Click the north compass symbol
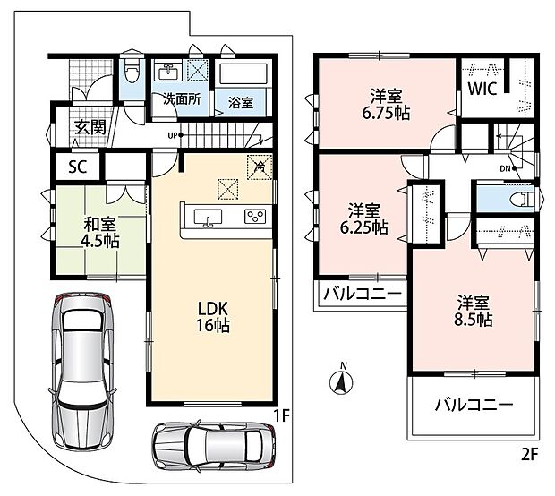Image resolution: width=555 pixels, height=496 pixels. click(341, 381)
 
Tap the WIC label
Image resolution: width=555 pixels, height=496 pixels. click(482, 89)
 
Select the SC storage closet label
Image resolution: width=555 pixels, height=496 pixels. click(78, 167)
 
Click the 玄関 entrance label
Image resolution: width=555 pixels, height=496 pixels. click(90, 127)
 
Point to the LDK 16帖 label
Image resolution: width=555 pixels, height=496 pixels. click(213, 317)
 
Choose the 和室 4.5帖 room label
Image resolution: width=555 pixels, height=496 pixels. click(100, 232)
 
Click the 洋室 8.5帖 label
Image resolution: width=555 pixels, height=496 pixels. click(474, 311)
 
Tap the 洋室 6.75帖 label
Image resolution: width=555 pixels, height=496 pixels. click(386, 104)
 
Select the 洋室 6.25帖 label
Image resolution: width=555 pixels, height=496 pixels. click(363, 218)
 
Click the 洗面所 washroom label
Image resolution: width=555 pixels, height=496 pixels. click(182, 99)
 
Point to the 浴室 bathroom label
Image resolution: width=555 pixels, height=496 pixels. click(241, 103)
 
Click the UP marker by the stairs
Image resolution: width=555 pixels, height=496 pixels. click(175, 135)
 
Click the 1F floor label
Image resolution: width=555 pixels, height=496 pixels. click(282, 416)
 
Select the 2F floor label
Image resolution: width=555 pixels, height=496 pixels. click(530, 454)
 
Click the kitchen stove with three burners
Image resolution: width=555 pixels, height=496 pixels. click(255, 217)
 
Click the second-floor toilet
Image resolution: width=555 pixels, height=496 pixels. click(522, 201)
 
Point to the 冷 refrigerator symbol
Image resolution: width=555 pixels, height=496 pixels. click(260, 167)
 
